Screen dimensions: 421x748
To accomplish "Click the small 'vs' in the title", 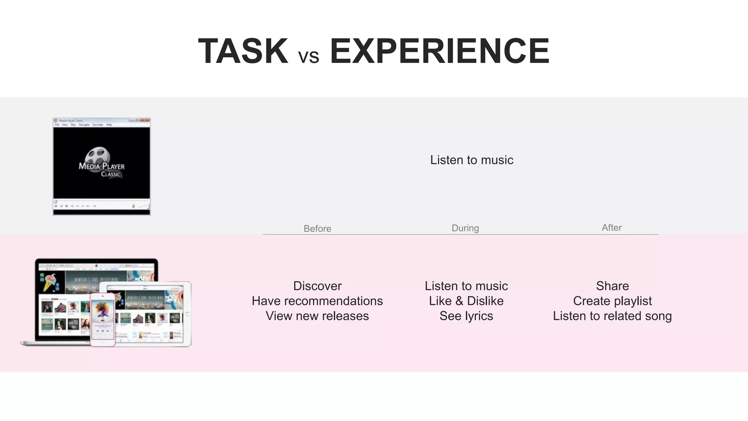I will tap(309, 57).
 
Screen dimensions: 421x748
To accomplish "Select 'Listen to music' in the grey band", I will tap(472, 160).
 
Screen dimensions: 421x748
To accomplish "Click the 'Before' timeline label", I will tap(317, 228).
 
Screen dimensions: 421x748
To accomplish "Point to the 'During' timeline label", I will tap(465, 228).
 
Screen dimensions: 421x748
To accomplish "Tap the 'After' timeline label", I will tap(611, 227).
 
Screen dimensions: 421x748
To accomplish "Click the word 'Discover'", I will tap(317, 286).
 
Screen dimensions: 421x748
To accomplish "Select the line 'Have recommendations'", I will tap(317, 301).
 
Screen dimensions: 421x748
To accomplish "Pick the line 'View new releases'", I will tap(317, 316).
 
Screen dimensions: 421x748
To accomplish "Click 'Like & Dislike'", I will tap(466, 301).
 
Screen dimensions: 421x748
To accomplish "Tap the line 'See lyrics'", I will tap(466, 316).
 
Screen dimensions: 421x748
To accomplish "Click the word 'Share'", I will tap(612, 286).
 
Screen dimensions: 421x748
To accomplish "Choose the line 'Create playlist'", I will tap(612, 301).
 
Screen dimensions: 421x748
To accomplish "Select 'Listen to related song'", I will tap(612, 316).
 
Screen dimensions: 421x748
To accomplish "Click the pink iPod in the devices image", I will tap(103, 319).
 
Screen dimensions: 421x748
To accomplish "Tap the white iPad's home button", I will tap(187, 314).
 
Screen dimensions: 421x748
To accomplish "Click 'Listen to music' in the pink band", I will tap(466, 286).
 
